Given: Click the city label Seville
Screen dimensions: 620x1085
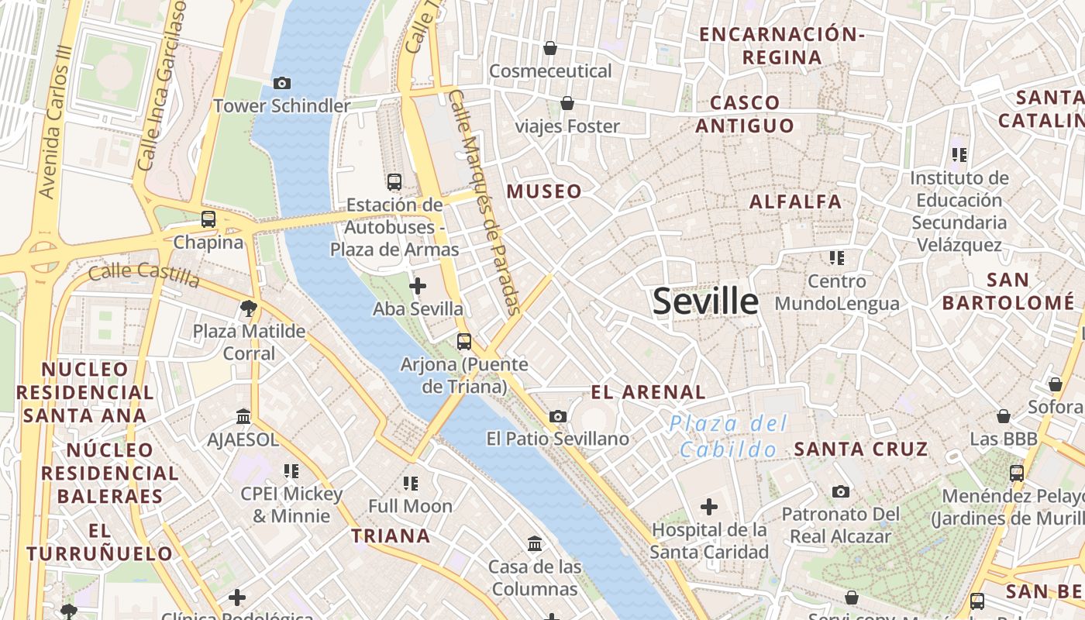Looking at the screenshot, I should (705, 301).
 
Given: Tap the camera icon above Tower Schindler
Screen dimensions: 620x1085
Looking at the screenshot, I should (282, 83).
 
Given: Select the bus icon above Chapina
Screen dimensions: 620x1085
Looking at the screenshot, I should (208, 219).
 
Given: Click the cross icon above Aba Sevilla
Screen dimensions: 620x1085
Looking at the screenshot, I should (418, 286).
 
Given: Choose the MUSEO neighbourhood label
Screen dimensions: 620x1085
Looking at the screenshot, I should (544, 191).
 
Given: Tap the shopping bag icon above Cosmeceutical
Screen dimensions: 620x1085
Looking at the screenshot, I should (550, 48).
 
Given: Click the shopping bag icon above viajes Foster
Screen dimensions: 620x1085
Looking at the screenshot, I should (567, 103).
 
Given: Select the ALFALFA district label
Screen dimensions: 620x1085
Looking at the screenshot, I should (795, 201).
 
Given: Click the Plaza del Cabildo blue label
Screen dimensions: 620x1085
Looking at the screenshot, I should (728, 436).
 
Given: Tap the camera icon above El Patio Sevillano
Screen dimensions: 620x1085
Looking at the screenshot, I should (557, 417).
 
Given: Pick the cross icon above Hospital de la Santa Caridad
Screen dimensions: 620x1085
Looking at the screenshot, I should (708, 508).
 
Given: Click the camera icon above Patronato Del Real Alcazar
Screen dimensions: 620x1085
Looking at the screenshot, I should (841, 491).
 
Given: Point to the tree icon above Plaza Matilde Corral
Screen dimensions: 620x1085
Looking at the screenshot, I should (249, 309).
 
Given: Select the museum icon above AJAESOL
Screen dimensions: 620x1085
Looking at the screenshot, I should (243, 417).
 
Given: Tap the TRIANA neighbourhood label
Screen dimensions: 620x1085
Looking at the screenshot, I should (391, 536).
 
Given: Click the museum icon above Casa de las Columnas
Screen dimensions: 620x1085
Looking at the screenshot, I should (535, 543).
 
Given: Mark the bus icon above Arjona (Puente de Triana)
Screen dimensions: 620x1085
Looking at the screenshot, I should (464, 341).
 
